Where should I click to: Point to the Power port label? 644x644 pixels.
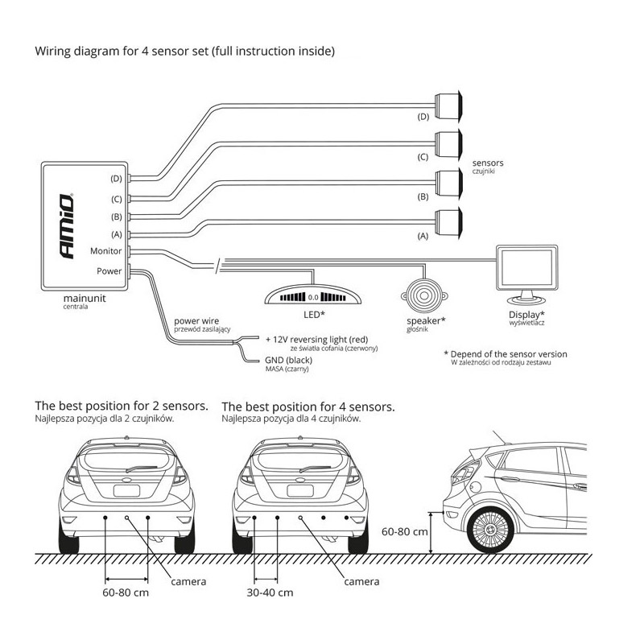pos(109,271)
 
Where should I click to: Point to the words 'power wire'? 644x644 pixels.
pos(196,320)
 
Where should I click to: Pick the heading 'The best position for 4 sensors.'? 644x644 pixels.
pos(308,407)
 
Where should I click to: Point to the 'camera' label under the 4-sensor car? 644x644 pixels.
pos(361,581)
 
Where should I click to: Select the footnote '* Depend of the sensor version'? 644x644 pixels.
pos(505,354)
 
